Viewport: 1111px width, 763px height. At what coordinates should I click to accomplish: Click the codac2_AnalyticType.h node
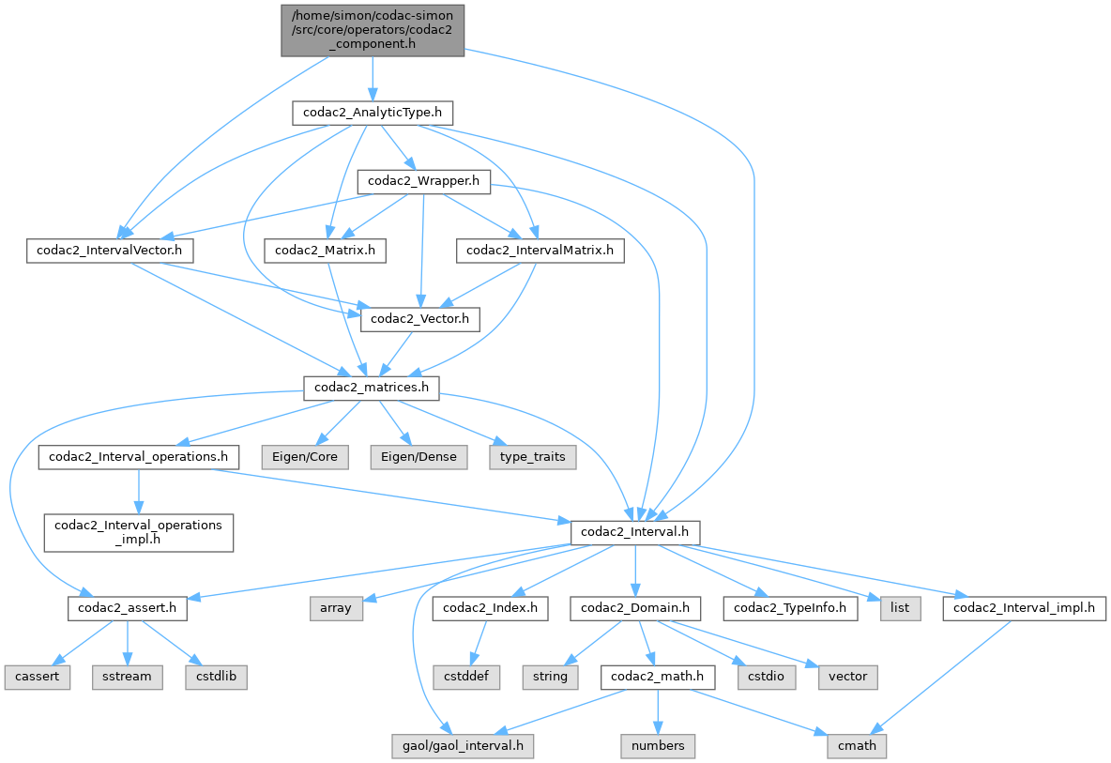373,113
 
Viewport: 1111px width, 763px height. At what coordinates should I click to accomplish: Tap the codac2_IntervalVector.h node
110,251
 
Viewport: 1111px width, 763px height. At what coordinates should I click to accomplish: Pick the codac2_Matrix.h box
325,251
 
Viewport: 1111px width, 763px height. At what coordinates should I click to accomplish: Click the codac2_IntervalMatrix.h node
540,251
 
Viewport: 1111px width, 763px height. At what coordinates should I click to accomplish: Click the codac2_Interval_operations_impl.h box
137,531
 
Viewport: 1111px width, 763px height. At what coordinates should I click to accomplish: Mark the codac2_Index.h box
490,608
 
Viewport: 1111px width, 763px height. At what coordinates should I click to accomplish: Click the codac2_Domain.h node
635,608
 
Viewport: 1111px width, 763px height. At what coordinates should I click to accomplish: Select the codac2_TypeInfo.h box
789,608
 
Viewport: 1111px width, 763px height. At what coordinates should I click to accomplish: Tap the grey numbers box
658,746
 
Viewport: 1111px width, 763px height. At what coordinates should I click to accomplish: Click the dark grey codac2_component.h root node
373,29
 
